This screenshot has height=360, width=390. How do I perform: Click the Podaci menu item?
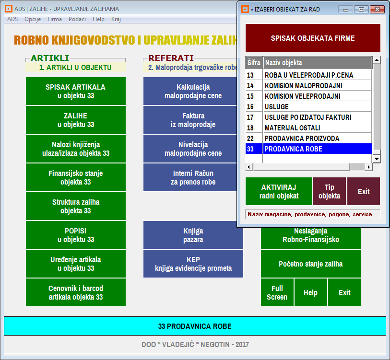(x=77, y=19)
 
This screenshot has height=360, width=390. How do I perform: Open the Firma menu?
(x=55, y=19)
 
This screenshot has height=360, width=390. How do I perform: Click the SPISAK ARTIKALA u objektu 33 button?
(x=76, y=91)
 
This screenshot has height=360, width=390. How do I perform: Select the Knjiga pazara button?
(x=193, y=235)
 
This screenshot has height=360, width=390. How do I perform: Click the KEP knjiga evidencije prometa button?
(x=193, y=264)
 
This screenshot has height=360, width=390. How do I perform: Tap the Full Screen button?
(x=277, y=292)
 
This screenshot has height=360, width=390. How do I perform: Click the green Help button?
(x=311, y=292)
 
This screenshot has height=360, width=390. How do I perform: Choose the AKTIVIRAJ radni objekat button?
(x=279, y=191)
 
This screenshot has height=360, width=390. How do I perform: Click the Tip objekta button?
(x=329, y=191)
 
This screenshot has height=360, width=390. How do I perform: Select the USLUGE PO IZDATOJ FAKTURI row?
(x=308, y=117)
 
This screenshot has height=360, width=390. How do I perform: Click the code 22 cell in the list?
(x=250, y=138)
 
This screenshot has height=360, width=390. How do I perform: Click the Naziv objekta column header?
(x=317, y=63)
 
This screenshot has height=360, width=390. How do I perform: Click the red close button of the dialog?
(x=377, y=10)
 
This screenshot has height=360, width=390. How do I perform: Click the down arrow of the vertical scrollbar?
(x=377, y=159)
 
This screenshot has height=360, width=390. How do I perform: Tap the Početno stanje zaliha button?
(x=311, y=264)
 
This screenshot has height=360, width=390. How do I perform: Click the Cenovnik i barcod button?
(x=76, y=292)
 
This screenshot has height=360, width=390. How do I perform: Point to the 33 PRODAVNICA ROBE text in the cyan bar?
(x=195, y=326)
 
